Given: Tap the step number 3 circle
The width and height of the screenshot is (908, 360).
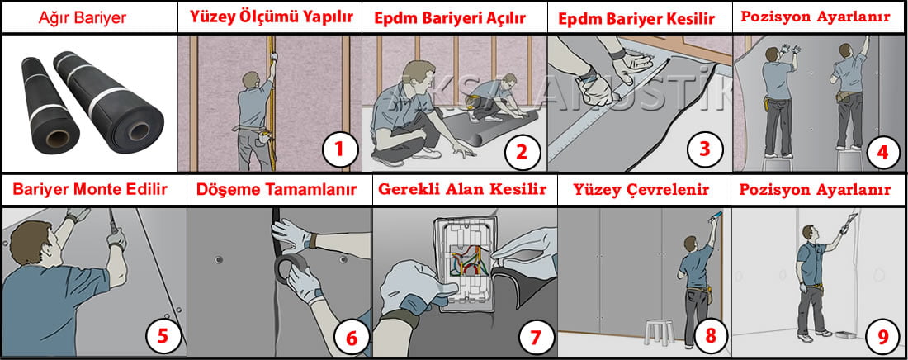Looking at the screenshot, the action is (704, 149).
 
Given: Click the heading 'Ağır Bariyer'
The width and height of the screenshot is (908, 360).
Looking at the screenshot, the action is (83, 18).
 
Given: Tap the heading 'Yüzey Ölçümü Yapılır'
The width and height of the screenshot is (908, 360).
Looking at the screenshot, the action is (271, 17).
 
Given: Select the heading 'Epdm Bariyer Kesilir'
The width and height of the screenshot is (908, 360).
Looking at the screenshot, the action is (636, 18).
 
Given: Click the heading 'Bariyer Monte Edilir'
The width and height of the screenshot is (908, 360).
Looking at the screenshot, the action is (90, 190).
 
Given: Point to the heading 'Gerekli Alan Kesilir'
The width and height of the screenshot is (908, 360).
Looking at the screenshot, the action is (462, 190).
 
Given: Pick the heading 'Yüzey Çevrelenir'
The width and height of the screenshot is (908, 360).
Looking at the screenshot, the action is (641, 190).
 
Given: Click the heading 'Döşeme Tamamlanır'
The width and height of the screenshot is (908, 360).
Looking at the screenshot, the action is (277, 190).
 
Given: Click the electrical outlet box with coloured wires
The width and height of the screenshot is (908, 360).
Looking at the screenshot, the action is (463, 265).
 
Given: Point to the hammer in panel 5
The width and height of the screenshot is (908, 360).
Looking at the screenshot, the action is (116, 228).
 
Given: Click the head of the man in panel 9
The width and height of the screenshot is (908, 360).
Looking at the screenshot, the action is (809, 234).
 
